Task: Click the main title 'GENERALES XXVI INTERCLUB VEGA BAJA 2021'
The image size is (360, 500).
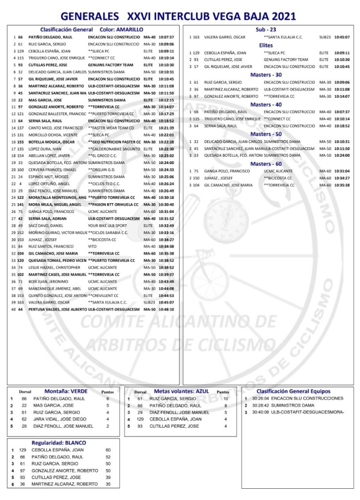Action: click(x=180, y=17)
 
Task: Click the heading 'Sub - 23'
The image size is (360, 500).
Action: click(x=266, y=29)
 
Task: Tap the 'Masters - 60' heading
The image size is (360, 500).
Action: click(x=266, y=164)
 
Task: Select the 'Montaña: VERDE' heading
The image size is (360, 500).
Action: click(x=66, y=391)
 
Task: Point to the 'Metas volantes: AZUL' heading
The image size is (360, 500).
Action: click(x=181, y=391)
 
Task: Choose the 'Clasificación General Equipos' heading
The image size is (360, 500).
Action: click(x=294, y=391)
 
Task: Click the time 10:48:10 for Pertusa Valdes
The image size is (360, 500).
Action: click(x=166, y=310)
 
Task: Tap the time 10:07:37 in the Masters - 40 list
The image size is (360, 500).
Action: click(x=342, y=112)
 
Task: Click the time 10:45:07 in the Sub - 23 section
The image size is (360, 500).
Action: click(x=342, y=37)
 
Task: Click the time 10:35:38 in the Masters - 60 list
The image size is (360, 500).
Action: click(x=342, y=185)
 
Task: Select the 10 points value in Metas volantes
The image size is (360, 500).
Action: click(x=225, y=398)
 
